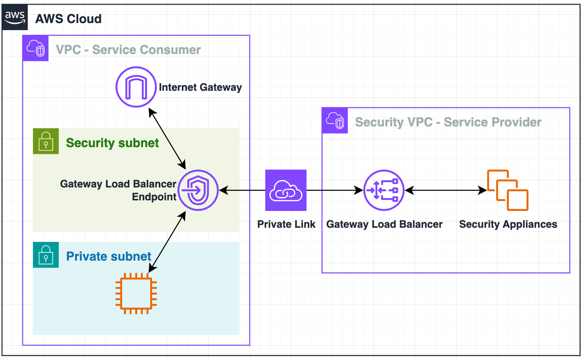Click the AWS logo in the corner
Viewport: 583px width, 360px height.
[15, 17]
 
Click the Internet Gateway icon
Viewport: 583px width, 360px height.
[136, 87]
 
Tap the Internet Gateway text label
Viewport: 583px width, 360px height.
[200, 87]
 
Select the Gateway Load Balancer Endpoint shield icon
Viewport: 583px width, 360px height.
[198, 190]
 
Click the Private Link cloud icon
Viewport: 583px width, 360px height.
[286, 190]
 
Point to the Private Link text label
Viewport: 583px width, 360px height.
[286, 224]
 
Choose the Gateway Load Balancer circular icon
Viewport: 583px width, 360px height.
[384, 190]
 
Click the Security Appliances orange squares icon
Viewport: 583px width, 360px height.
[508, 190]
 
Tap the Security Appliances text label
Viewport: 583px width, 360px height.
[508, 224]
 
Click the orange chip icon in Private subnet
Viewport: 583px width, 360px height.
[136, 293]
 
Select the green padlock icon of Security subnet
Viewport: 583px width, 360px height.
[46, 141]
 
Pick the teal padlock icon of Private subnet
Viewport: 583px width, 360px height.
[46, 255]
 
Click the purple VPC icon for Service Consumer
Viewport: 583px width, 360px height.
[36, 48]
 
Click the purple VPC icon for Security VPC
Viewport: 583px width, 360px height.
[335, 121]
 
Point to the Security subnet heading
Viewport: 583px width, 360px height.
[112, 143]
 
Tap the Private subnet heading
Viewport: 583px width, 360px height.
[108, 256]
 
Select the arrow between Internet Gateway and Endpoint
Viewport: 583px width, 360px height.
[167, 139]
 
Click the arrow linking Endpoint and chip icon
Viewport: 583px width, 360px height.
[167, 242]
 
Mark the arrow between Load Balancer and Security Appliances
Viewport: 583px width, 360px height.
[446, 191]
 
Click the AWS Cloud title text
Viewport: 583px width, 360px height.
[68, 19]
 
